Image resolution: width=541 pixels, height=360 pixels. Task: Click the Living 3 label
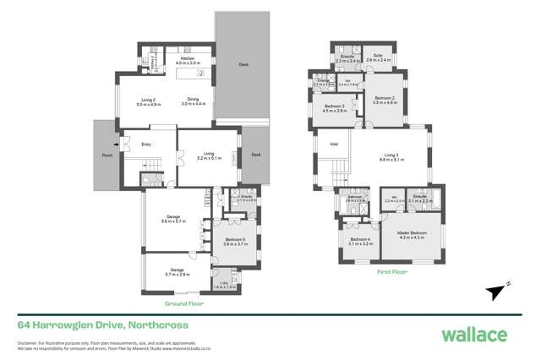coord(391,154)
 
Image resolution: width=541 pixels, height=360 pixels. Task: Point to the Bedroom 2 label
coord(385,99)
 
